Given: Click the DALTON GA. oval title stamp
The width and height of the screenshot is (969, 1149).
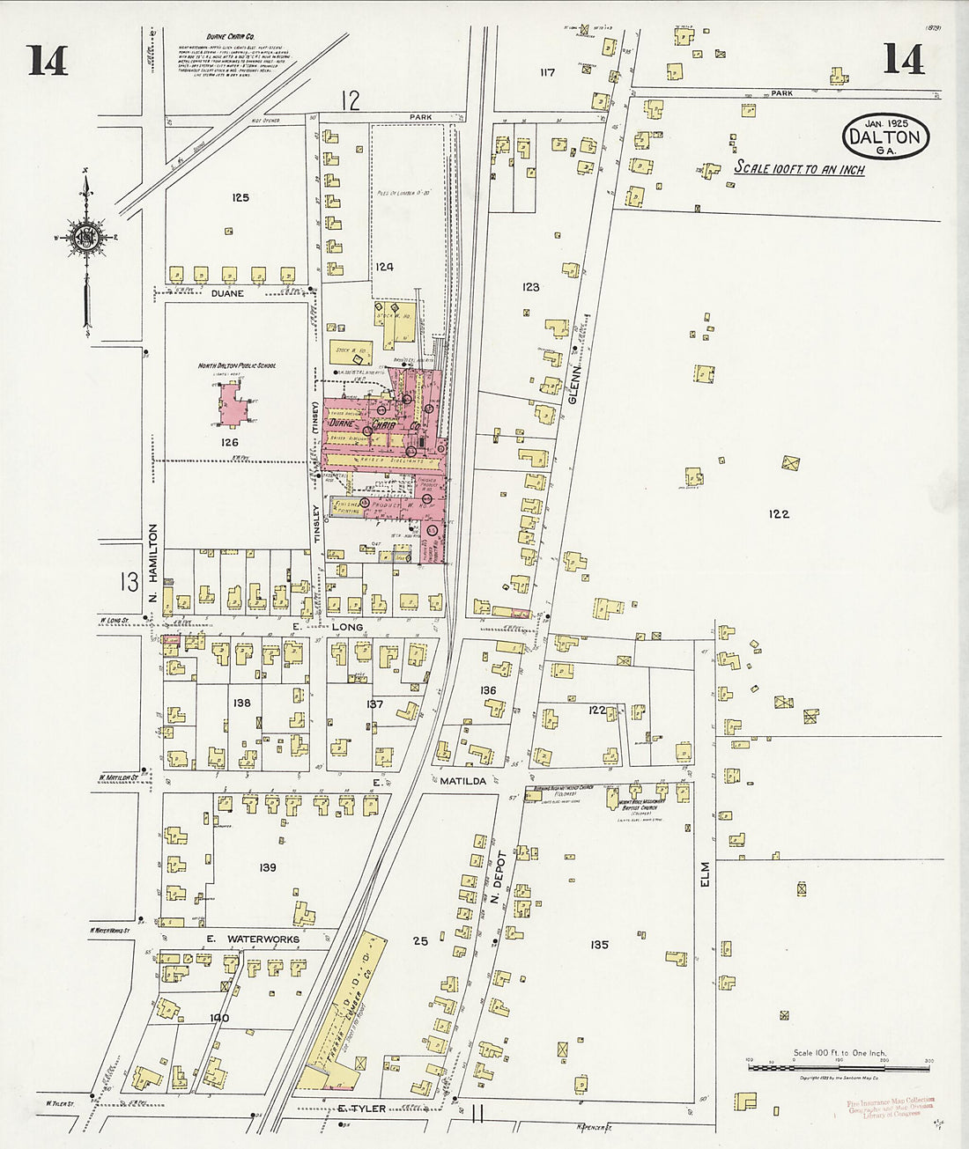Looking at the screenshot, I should (x=886, y=136).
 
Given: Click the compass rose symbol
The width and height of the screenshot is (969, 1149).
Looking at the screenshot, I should (x=85, y=239).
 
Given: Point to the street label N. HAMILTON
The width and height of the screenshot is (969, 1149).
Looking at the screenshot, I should (x=152, y=563).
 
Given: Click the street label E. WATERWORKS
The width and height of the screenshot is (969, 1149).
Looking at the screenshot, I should (x=253, y=939).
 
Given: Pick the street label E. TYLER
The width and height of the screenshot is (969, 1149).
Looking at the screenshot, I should (x=362, y=1108).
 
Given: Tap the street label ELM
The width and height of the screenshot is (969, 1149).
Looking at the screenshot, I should (x=705, y=874).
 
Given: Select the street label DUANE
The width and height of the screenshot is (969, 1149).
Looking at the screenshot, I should (x=227, y=293).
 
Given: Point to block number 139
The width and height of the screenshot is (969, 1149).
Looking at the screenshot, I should (x=268, y=867).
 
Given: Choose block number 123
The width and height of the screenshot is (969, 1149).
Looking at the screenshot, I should (x=530, y=287).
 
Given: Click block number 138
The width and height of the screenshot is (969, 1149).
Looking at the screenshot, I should (x=242, y=703).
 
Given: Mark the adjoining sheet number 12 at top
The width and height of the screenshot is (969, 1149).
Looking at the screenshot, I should (x=351, y=101).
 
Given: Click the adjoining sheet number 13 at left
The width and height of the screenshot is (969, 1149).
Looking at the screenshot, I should (x=129, y=581).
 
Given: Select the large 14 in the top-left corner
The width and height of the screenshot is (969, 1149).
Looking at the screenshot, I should (x=48, y=60).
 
